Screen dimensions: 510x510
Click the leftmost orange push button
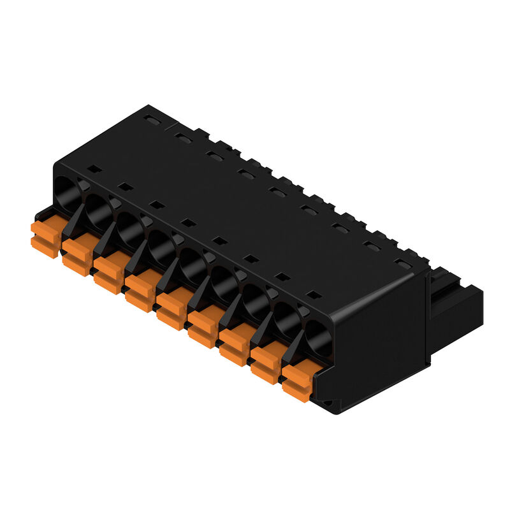click(46, 236)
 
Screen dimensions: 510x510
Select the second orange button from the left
click(78, 254)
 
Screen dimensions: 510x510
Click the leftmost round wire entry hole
click(68, 191)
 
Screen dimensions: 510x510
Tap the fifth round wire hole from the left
click(193, 263)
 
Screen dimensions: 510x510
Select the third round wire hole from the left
click(130, 227)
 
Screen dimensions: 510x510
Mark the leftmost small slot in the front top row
click(94, 169)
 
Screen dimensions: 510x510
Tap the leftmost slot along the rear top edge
click(151, 119)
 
